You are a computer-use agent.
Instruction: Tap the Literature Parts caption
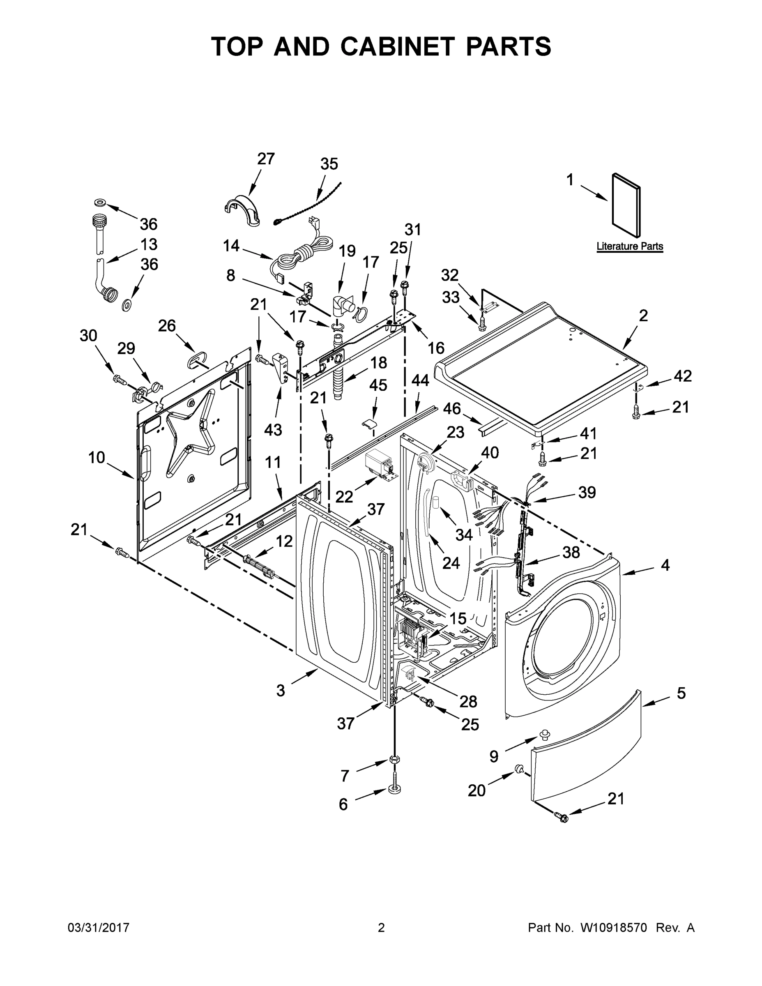click(630, 246)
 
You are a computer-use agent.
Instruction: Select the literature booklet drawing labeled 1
click(626, 205)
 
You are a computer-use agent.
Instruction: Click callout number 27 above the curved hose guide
click(266, 159)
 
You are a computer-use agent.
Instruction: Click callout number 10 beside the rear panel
click(97, 457)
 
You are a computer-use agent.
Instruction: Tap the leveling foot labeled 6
click(394, 789)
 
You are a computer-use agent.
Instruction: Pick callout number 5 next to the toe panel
click(681, 693)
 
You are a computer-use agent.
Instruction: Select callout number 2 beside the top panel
click(643, 315)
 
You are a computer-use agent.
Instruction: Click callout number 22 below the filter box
click(344, 497)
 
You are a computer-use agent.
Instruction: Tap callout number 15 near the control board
click(458, 618)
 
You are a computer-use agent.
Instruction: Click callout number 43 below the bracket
click(273, 430)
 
